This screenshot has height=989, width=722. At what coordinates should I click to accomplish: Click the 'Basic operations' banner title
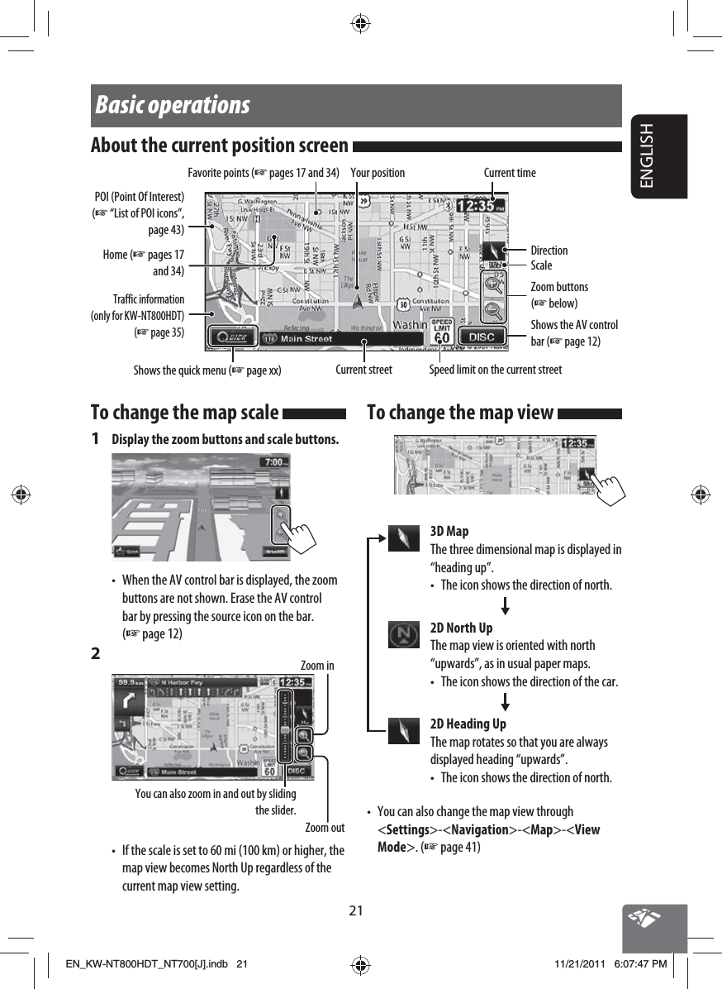point(173,106)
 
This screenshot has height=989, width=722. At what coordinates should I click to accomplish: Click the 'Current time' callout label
point(510,173)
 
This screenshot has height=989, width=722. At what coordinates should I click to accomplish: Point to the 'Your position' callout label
point(378,173)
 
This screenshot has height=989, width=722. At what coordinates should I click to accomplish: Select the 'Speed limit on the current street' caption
point(495,370)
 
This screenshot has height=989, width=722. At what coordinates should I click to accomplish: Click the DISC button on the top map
point(482,337)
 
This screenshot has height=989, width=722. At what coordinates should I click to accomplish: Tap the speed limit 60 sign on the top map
point(442,333)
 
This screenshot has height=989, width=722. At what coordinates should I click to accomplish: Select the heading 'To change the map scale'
point(184,412)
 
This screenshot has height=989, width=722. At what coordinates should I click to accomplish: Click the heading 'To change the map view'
point(459,412)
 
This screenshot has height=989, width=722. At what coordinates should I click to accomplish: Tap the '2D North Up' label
point(462,628)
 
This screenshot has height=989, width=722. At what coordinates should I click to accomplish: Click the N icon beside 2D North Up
point(404,634)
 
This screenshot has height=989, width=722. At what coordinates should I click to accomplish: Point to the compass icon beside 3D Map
point(404,538)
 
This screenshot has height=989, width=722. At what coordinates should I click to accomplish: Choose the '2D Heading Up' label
point(468,724)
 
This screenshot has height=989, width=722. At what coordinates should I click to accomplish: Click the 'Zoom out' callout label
point(325,828)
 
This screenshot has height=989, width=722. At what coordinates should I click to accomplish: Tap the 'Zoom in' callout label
point(317,666)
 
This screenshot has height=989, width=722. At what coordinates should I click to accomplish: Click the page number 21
point(355,911)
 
